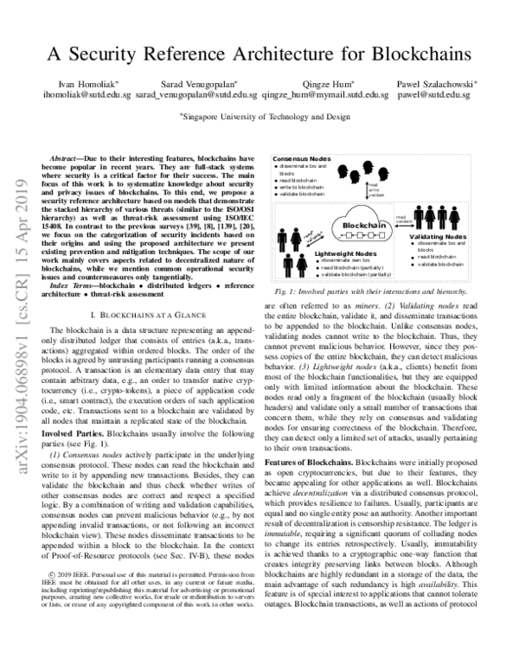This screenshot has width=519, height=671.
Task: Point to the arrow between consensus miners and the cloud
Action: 367,191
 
